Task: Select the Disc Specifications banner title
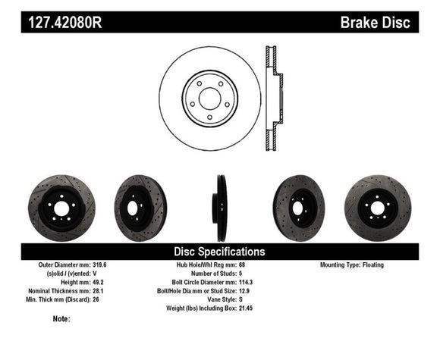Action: (x=220, y=250)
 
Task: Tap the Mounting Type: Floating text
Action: (x=353, y=265)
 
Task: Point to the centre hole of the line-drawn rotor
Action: (x=210, y=98)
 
